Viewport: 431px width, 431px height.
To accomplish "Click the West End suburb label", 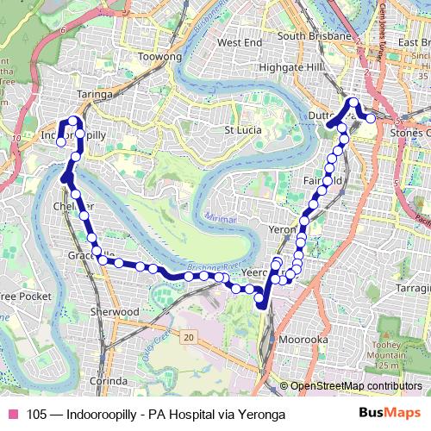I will [239, 42].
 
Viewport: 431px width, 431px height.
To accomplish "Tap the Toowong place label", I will [160, 57].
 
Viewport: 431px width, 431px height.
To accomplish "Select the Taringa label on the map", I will [96, 94].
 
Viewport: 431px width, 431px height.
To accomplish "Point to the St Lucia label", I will [242, 131].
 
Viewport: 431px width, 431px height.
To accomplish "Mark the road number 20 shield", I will [188, 337].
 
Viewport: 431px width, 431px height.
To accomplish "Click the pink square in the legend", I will [13, 415].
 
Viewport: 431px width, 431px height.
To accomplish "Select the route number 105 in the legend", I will [36, 415].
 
